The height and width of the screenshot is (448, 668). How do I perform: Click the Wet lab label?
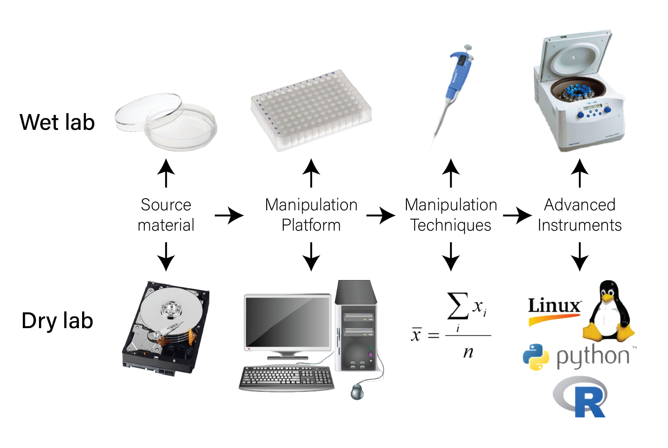tap(57, 123)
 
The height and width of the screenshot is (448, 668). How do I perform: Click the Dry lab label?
tap(57, 321)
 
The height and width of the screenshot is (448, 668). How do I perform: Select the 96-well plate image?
tap(311, 110)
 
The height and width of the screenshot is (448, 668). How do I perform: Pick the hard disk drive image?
tap(166, 328)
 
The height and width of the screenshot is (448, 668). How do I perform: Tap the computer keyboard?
tap(287, 377)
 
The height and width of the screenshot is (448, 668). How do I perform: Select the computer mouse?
tap(357, 391)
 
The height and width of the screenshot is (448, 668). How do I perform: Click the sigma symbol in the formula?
tap(457, 306)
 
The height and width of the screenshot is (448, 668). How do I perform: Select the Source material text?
tap(166, 215)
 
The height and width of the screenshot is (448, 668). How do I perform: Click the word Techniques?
tap(451, 225)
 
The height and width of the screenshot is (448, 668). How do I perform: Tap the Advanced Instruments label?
tap(579, 215)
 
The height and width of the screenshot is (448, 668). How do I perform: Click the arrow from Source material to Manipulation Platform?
tap(229, 215)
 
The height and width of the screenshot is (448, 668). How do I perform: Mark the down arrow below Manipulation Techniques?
tap(451, 257)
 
